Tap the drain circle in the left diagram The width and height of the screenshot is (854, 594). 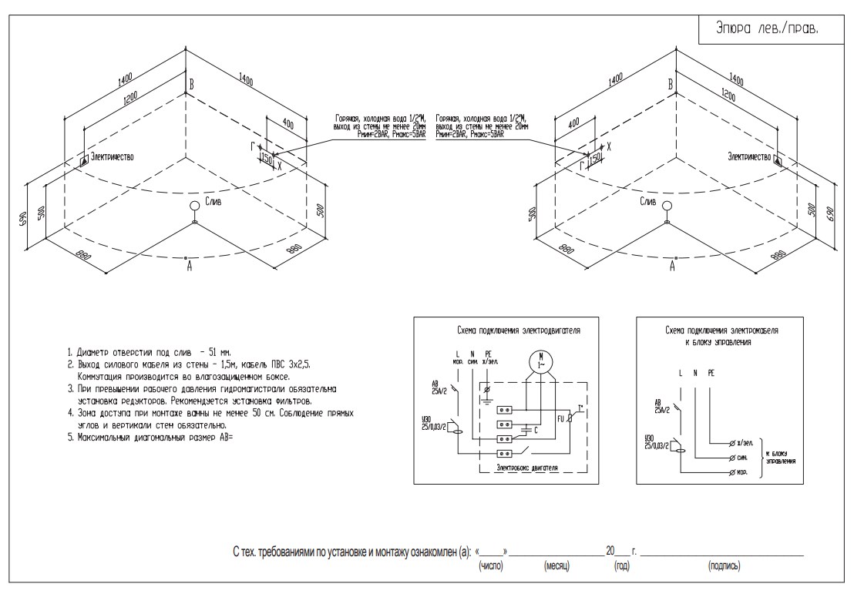coord(195,206)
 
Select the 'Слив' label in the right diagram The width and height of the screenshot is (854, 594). coord(648,201)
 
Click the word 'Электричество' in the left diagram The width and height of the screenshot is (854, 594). coord(112,156)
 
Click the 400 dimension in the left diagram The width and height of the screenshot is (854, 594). coord(287,124)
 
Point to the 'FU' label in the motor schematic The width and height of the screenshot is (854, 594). coord(562,421)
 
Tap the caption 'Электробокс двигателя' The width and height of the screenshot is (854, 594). coord(527,468)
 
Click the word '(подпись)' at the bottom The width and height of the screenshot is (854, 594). coord(724,566)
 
